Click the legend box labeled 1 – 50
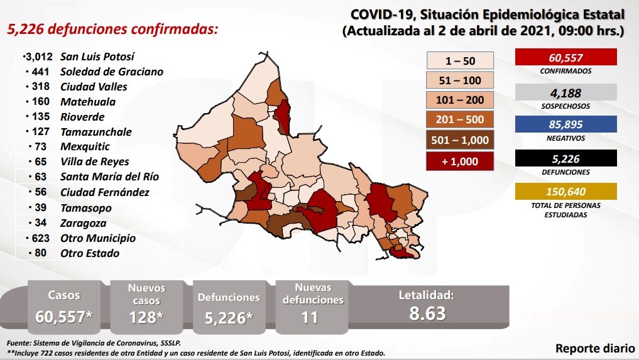459,60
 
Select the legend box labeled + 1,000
459,161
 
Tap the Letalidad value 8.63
427,313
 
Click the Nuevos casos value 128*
146,317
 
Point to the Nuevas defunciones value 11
309,317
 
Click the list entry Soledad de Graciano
111,72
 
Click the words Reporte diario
594,348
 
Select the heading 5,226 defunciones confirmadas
112,30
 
